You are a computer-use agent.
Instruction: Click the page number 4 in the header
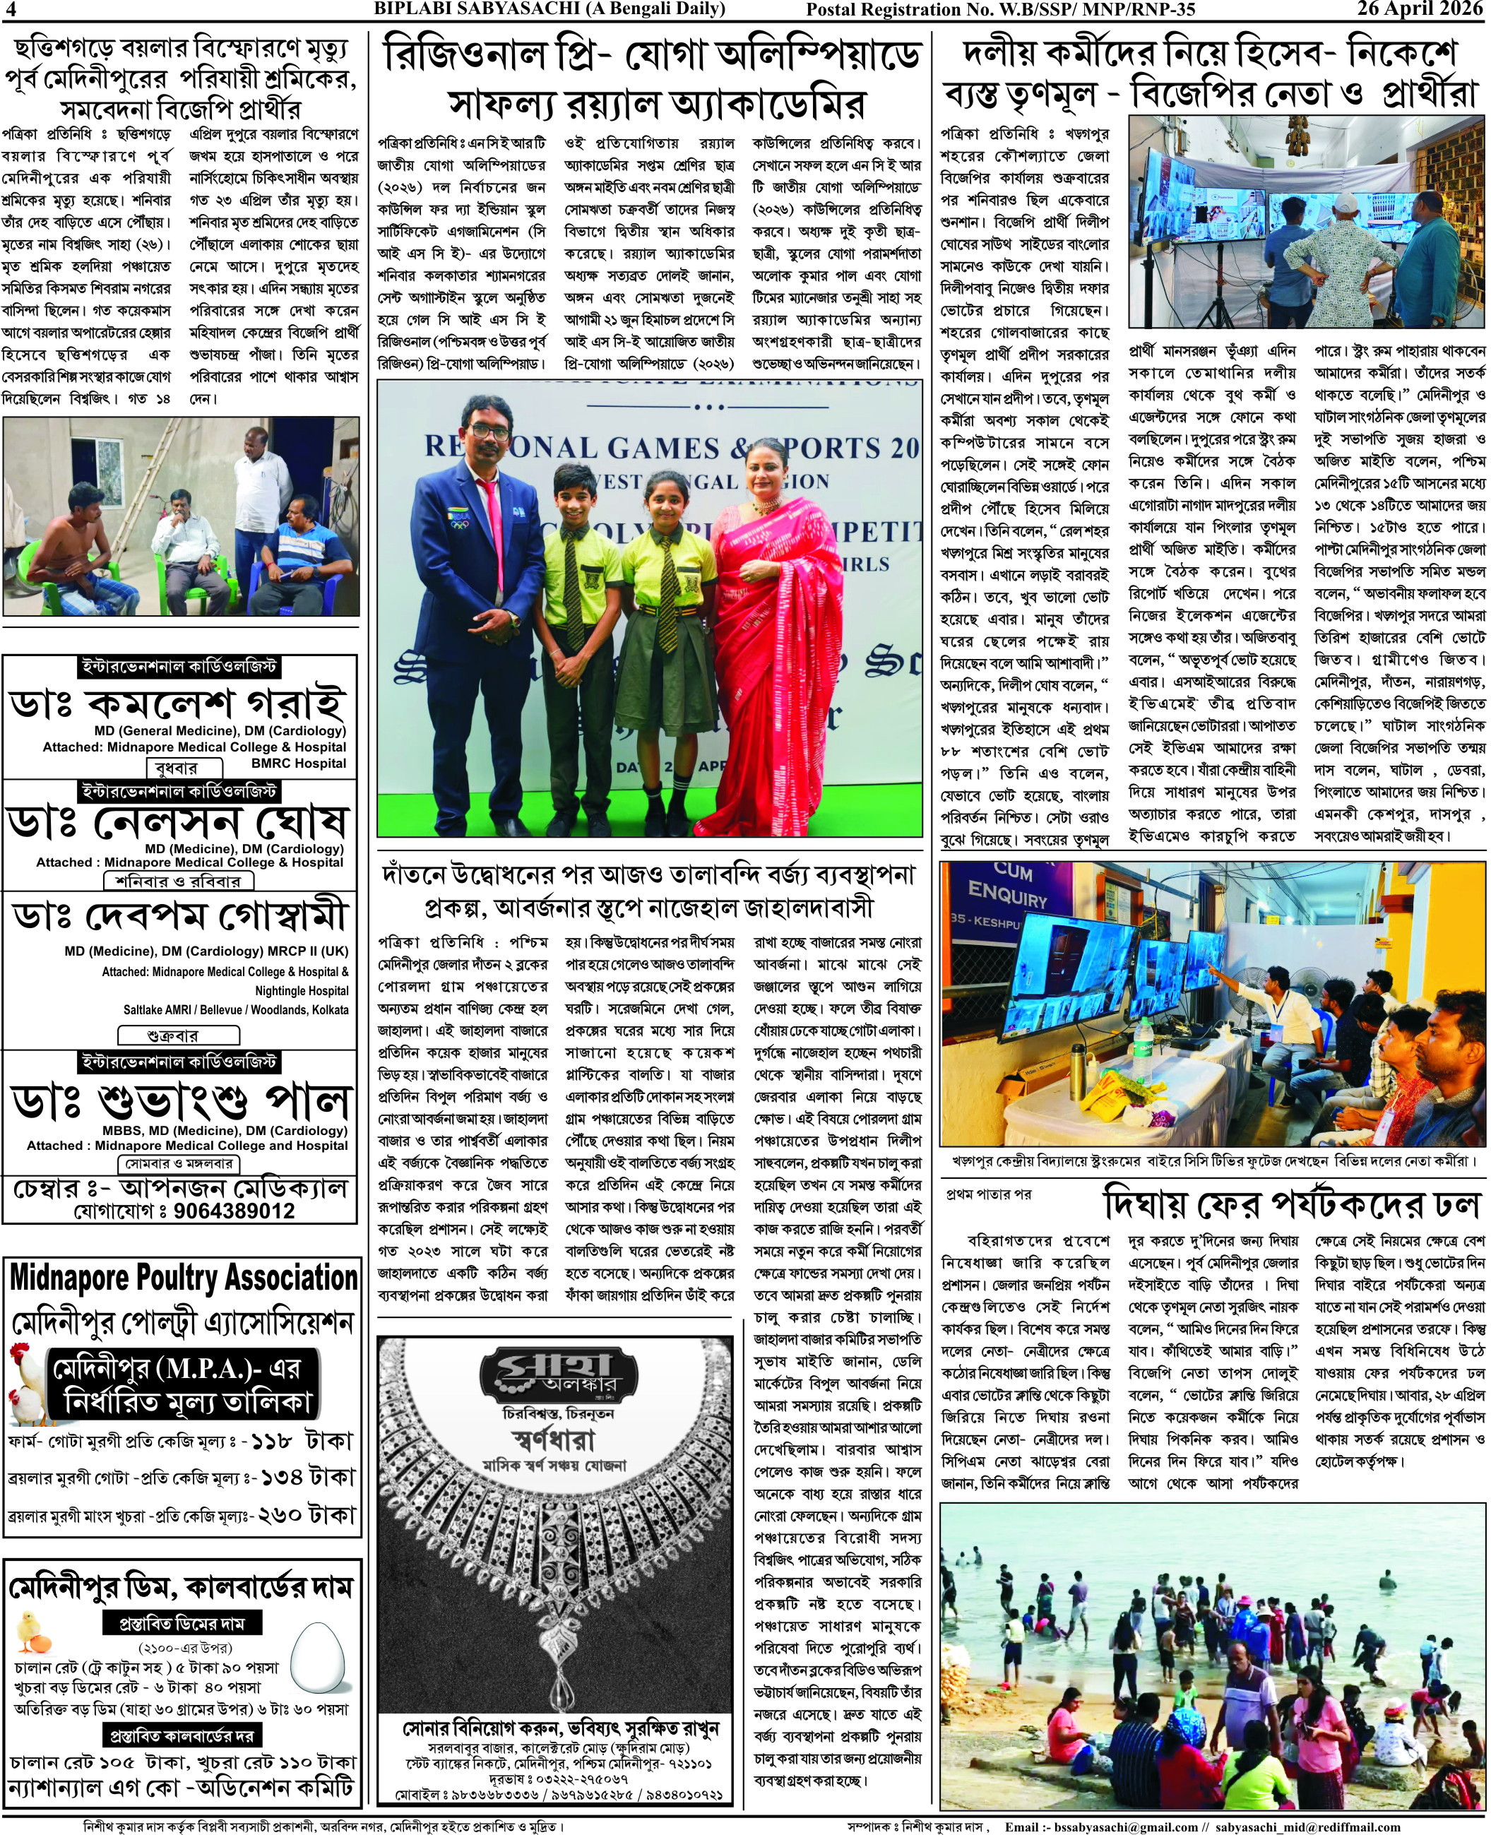point(11,9)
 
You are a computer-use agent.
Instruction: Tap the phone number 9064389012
point(234,1211)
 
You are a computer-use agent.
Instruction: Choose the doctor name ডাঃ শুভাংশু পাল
point(180,1101)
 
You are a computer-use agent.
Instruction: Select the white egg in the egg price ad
point(317,1653)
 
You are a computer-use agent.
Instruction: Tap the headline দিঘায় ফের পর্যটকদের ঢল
point(1293,1206)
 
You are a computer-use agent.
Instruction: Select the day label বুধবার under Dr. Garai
point(176,768)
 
